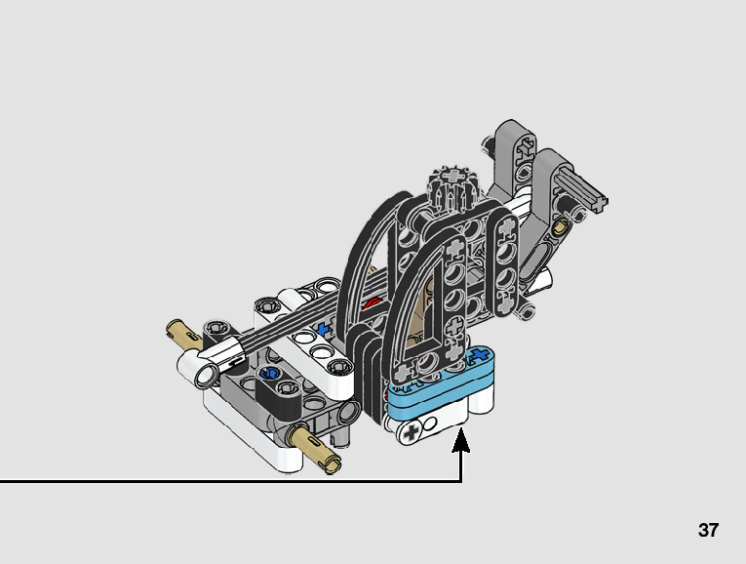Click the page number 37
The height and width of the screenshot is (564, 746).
pyautogui.click(x=708, y=531)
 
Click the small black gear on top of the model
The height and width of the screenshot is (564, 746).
pyautogui.click(x=450, y=181)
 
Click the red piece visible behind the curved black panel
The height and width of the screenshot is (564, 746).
pyautogui.click(x=372, y=304)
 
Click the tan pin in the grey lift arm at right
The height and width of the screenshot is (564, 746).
pyautogui.click(x=560, y=224)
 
